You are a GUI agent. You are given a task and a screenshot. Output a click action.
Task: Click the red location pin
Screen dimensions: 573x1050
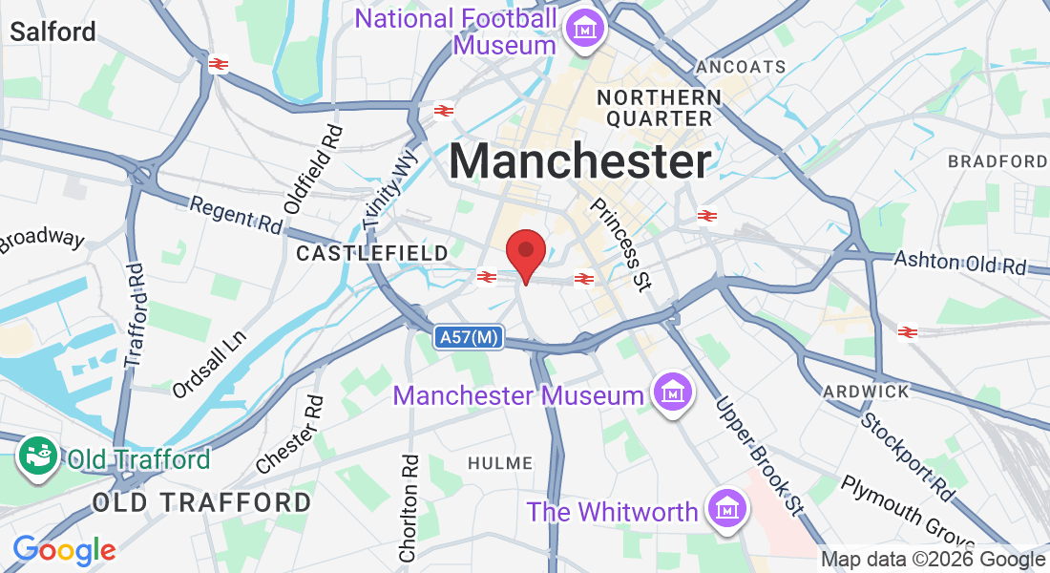(x=525, y=254)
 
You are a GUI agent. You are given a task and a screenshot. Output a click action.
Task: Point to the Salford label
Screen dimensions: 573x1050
(x=52, y=32)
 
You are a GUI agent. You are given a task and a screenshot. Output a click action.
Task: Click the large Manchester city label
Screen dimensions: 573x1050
(x=580, y=160)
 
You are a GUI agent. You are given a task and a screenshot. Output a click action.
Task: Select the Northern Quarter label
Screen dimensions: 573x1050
(x=659, y=108)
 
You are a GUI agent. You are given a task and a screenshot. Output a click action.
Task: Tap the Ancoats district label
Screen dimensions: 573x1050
(x=742, y=67)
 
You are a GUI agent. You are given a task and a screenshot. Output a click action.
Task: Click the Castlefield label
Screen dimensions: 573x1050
(x=372, y=253)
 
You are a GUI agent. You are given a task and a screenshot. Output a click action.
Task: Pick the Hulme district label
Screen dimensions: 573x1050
(x=500, y=463)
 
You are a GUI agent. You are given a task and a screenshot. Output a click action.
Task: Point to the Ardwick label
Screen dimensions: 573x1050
(x=866, y=392)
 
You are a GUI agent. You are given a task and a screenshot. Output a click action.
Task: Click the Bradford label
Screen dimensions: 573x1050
(x=997, y=161)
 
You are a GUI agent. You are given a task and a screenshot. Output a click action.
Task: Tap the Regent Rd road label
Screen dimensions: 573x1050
(x=236, y=216)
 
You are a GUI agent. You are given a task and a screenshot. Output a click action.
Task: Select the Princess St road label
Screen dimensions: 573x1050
(x=621, y=244)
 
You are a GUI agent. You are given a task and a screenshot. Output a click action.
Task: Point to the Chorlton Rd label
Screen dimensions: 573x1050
(x=409, y=507)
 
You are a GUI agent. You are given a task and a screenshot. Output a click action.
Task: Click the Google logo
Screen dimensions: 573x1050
(x=64, y=549)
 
